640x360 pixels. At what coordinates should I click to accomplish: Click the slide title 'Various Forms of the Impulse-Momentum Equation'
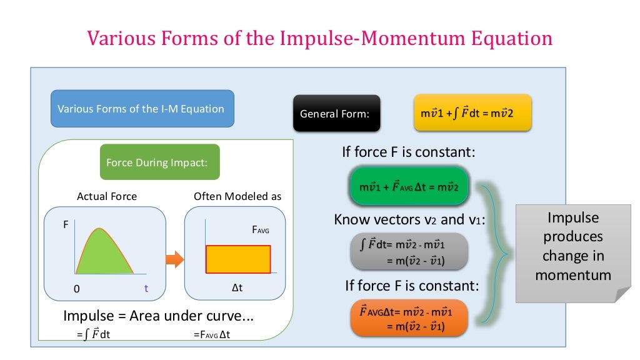tap(319, 39)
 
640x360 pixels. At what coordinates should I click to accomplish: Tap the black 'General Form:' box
tap(336, 114)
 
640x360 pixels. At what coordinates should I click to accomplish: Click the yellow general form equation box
tap(472, 113)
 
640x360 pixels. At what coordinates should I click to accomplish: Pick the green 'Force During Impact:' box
tap(159, 162)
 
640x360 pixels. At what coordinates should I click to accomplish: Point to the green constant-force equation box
tap(409, 187)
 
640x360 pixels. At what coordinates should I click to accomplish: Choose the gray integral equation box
tap(409, 251)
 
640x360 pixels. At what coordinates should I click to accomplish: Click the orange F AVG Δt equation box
tap(409, 317)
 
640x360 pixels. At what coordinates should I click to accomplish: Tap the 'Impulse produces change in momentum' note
tap(572, 247)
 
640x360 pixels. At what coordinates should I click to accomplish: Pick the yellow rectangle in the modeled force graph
tap(238, 259)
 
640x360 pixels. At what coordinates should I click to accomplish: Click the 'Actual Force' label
tap(107, 196)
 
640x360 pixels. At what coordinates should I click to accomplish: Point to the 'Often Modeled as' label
tap(237, 196)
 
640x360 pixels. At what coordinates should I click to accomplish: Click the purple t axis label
tap(146, 289)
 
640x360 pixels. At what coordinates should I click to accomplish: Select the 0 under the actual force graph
tap(76, 289)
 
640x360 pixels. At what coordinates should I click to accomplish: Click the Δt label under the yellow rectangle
tap(237, 289)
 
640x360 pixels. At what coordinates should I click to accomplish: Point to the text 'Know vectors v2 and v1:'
tap(409, 219)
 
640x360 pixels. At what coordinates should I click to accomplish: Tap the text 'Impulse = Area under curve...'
tap(159, 316)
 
